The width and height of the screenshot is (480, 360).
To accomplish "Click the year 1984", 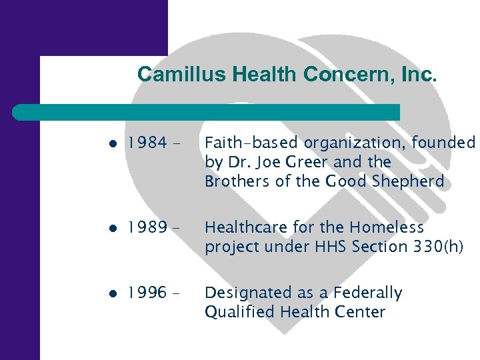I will (146, 143).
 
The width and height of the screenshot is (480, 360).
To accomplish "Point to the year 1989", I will (146, 228).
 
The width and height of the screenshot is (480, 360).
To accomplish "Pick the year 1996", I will (146, 293).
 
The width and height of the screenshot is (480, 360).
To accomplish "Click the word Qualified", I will (239, 312).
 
